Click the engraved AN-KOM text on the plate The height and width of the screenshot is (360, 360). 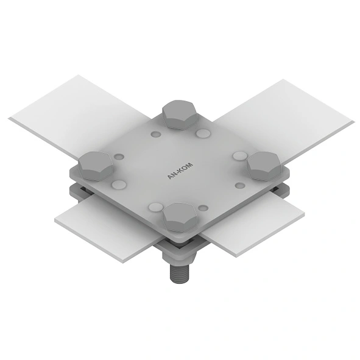click(180, 171)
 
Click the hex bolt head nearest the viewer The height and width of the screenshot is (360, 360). click(180, 217)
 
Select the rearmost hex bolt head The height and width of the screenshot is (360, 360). click(180, 115)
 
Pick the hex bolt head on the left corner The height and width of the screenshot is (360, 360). click(96, 166)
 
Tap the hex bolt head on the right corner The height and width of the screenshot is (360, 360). click(264, 166)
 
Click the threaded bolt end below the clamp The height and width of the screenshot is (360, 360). click(179, 274)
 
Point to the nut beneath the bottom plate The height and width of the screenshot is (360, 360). click(179, 257)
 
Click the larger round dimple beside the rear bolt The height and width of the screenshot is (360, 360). click(203, 133)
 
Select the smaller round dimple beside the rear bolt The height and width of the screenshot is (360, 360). click(156, 134)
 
